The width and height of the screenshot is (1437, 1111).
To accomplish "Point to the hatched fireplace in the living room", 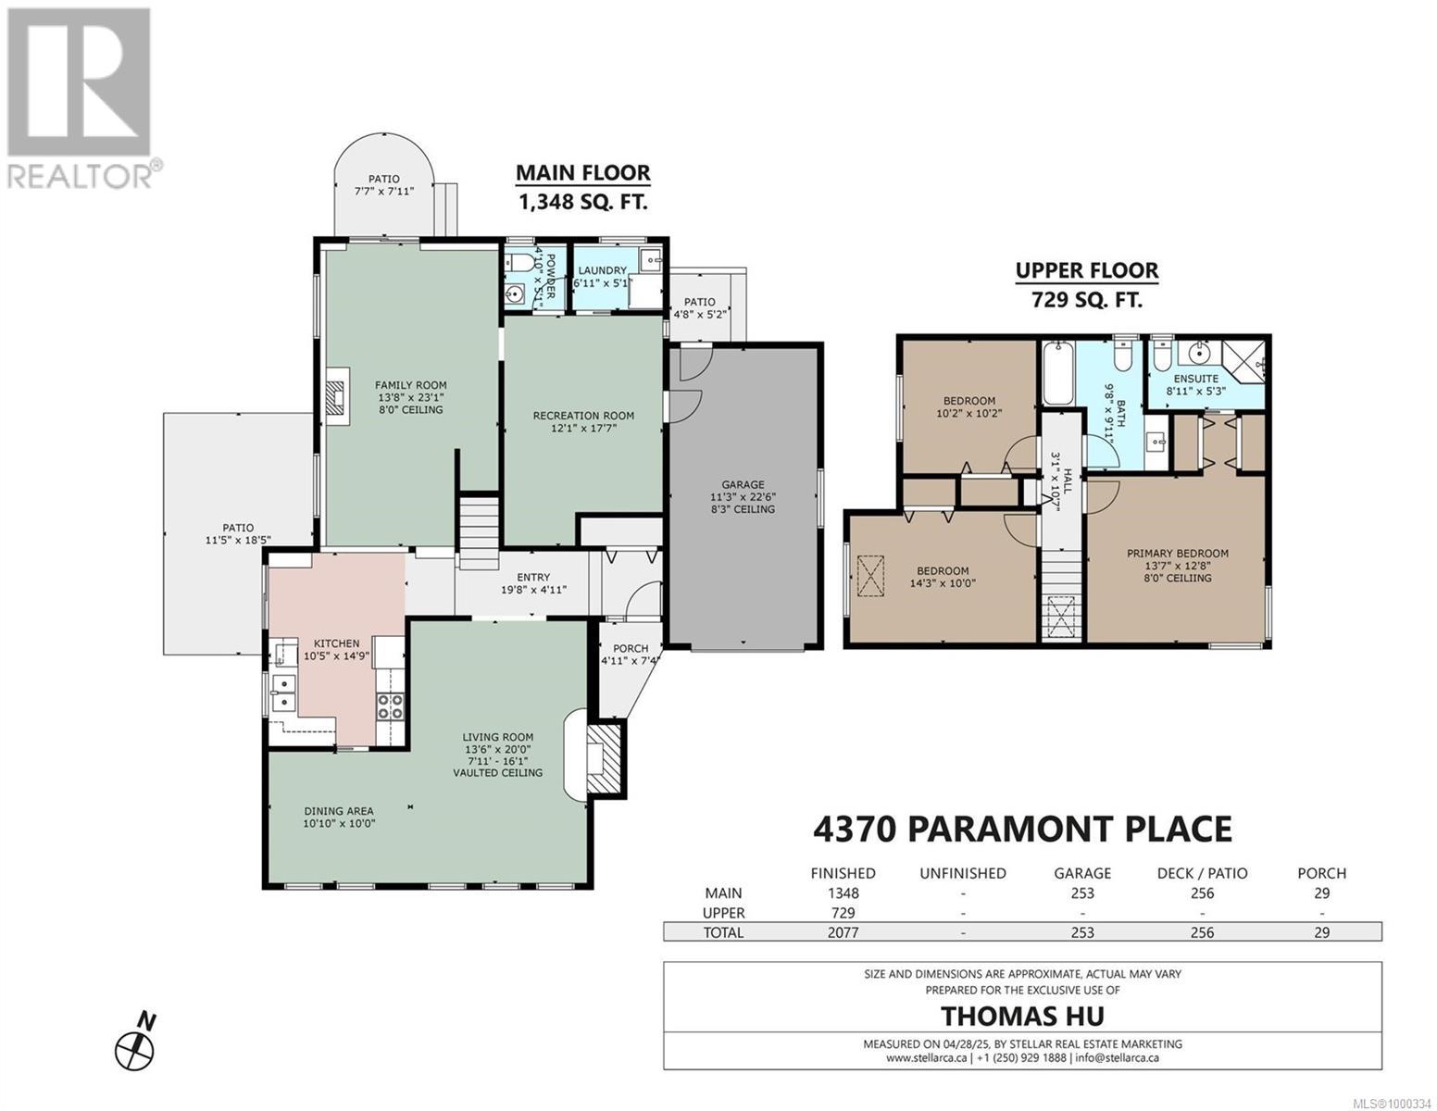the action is click(603, 759).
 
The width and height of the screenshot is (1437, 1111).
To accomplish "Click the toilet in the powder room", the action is click(521, 263).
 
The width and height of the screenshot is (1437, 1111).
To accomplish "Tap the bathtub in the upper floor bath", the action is click(1058, 372).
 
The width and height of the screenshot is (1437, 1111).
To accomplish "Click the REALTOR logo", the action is click(81, 98).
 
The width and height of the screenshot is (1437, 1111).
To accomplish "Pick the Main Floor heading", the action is click(582, 173).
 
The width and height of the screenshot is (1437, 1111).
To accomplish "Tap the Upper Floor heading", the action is click(1086, 271).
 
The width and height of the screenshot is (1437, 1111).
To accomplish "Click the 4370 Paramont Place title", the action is click(1022, 830).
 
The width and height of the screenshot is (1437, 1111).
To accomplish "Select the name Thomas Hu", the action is click(1022, 1016).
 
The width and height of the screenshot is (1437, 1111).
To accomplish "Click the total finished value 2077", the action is click(843, 932).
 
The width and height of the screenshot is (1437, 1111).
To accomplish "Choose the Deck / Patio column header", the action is click(1202, 873).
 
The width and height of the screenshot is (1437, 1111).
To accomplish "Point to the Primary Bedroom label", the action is click(1178, 554).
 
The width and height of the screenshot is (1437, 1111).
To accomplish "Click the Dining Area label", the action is click(339, 811).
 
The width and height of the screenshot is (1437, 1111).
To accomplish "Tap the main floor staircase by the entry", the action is click(479, 533).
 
